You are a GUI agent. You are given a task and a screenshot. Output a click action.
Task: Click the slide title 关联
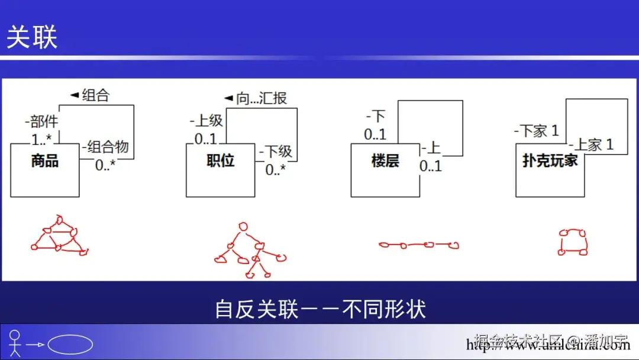32,38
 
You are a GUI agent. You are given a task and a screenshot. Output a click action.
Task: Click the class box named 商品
45,170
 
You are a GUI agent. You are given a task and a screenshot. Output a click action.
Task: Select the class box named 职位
221,170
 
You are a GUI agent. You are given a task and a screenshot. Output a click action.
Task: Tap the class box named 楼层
385,170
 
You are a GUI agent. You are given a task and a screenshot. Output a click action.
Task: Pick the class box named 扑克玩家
550,170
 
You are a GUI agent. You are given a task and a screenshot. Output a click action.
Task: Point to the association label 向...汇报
256,98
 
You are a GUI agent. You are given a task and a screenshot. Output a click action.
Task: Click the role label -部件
41,122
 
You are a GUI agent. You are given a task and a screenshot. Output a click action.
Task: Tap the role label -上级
206,121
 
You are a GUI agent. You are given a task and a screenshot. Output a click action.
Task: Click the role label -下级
276,152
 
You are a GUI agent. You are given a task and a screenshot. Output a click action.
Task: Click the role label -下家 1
536,131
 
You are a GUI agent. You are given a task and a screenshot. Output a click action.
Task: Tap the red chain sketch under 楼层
418,245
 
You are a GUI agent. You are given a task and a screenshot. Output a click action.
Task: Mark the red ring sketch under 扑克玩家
573,242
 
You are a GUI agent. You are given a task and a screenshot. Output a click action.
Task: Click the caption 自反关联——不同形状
319,309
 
